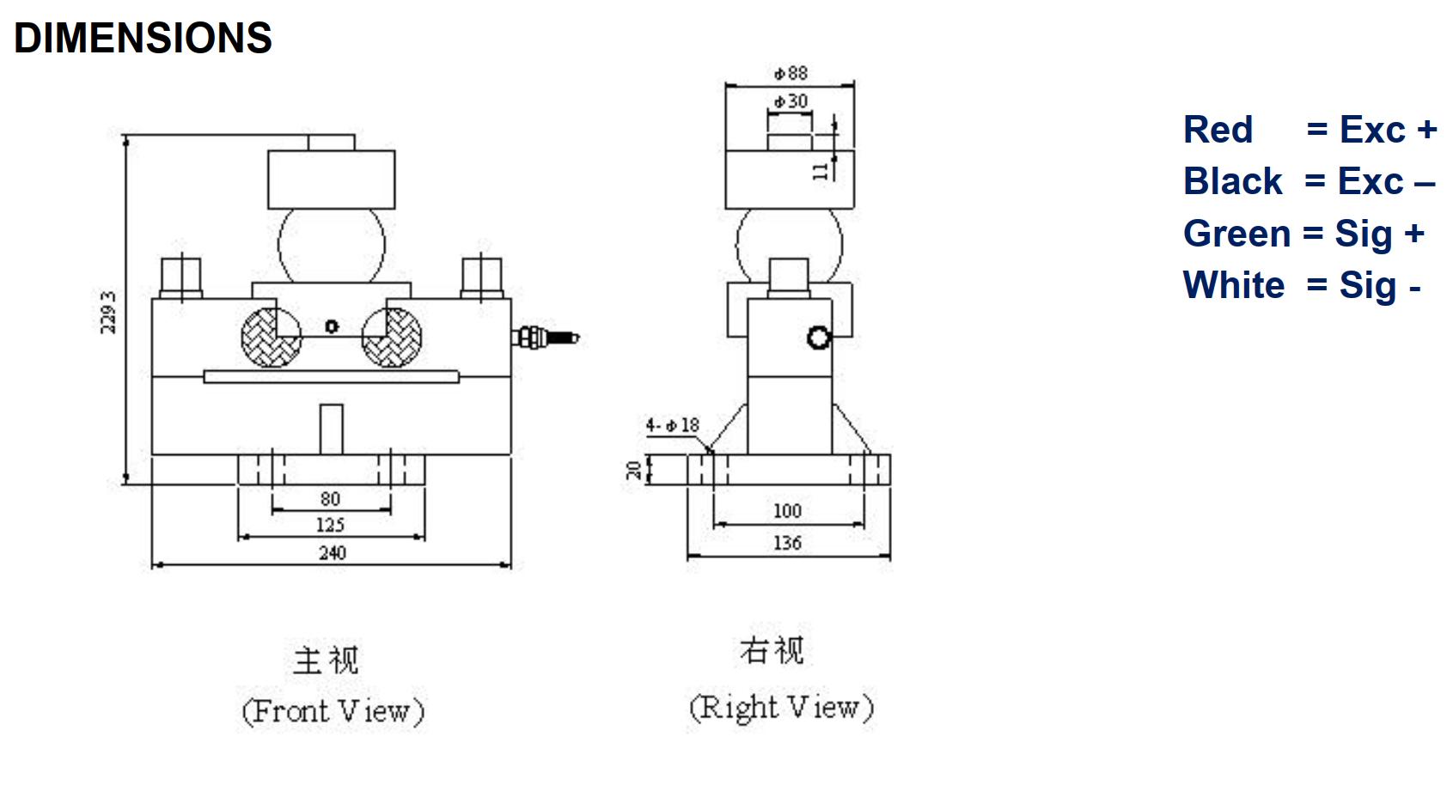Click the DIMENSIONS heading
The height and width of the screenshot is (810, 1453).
point(143,39)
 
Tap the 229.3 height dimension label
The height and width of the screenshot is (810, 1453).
point(108,313)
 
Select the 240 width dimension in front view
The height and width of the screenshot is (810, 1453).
point(332,553)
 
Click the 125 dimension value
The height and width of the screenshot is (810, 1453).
point(331,525)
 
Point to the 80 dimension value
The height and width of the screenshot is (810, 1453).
point(331,499)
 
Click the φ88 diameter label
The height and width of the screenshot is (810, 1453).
point(791,73)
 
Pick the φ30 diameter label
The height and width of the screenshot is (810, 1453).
point(791,101)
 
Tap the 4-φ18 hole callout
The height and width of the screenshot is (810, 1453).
point(673,425)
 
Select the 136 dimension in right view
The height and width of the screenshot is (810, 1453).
point(787,543)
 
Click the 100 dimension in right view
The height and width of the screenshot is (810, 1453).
point(787,511)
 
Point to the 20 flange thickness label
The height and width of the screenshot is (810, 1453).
point(634,469)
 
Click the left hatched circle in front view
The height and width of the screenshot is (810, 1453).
point(272,338)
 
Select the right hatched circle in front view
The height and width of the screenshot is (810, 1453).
point(392,338)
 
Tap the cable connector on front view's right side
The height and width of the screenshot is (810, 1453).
point(545,337)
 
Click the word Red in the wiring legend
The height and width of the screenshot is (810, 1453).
point(1218,131)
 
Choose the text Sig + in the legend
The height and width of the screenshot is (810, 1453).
point(1379,234)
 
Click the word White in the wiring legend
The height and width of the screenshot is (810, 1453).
point(1234,285)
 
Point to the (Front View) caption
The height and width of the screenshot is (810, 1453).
point(333,711)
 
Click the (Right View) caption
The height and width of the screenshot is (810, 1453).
point(781,708)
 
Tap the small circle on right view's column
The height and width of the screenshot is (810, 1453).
point(819,338)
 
